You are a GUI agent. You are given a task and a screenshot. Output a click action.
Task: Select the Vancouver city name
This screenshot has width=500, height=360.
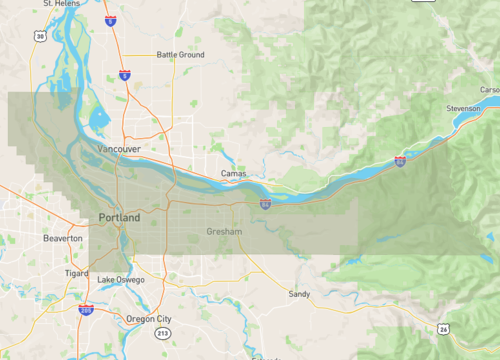tap(117, 149)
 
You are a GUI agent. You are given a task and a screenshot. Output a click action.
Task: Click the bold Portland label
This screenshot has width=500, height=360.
tap(119, 217)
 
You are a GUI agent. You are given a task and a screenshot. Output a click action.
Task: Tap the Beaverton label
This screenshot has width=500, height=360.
tap(63, 239)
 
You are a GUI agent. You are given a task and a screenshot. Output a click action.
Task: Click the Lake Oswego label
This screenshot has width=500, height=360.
tap(121, 279)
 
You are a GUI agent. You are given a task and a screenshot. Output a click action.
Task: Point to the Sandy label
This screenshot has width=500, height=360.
tap(298, 294)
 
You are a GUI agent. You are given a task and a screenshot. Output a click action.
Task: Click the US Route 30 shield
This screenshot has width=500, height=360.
tap(38, 36)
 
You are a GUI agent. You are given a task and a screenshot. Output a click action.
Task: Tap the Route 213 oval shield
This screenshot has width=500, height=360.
tap(162, 332)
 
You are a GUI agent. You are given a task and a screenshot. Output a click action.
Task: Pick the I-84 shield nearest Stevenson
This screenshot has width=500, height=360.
tap(399, 161)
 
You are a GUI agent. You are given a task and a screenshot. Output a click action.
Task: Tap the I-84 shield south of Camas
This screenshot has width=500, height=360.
tap(265, 203)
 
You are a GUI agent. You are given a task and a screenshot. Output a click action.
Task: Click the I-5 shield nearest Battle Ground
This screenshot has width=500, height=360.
tap(123, 73)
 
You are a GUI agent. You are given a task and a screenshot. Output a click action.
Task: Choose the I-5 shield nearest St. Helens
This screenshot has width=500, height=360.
tap(109, 19)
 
